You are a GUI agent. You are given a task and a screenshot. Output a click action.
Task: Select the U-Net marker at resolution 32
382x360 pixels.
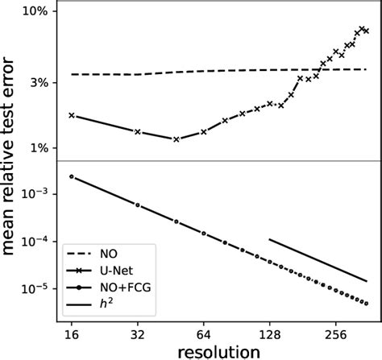[x=137, y=131]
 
